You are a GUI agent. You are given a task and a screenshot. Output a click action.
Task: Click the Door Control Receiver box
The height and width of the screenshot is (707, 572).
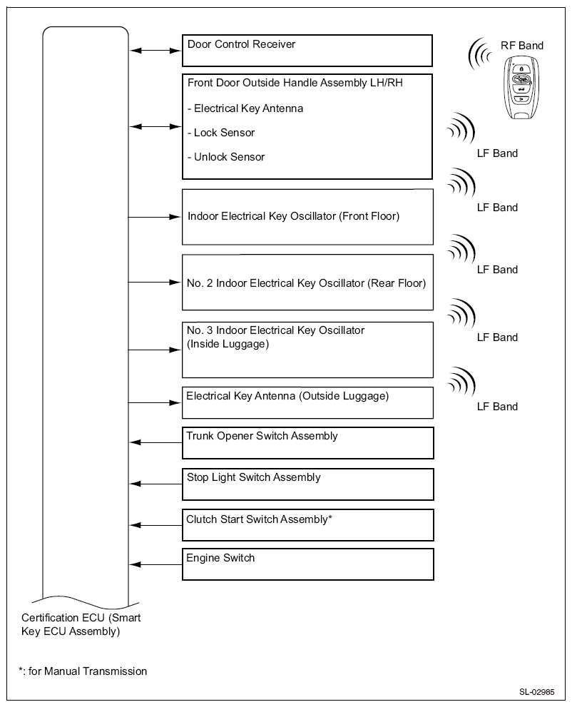point(307,50)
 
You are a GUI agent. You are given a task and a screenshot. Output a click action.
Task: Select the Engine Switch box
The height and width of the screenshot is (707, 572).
point(307,564)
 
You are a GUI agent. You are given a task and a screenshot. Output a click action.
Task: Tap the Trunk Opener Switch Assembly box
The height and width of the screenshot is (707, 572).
point(307,442)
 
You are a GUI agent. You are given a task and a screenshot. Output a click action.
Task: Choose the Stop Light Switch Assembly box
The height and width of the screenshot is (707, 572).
point(307,484)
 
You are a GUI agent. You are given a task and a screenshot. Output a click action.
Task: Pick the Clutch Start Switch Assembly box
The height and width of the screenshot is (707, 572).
point(307,524)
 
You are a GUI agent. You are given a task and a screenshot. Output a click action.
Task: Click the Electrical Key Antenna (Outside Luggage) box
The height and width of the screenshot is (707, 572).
point(307,402)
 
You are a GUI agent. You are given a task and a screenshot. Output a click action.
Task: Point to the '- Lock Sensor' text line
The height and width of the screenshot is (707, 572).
point(224,133)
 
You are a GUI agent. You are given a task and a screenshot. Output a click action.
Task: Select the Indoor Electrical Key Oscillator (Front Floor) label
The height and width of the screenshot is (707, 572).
point(293,216)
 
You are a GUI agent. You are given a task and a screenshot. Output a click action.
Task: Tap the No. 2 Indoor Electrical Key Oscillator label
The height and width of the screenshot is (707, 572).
point(306,283)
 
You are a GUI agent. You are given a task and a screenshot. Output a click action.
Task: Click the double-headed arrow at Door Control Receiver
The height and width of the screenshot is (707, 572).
point(155,50)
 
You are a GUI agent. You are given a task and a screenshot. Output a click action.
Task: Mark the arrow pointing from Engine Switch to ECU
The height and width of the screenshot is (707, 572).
point(155,565)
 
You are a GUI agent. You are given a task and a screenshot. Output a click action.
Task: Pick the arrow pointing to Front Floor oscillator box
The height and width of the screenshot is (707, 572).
point(155,216)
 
